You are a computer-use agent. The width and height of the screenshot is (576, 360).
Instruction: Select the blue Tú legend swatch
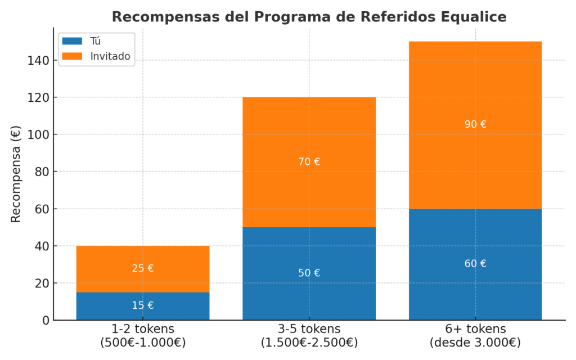72,41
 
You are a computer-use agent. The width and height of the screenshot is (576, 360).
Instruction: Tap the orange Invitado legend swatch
72,56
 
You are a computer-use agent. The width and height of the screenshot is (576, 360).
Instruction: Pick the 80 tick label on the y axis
40,172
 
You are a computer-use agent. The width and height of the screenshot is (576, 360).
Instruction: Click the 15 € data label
143,305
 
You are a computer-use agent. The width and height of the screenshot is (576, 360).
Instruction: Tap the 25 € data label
143,268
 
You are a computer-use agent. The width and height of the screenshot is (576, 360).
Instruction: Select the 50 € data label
309,273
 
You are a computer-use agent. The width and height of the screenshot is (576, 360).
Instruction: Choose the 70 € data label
309,161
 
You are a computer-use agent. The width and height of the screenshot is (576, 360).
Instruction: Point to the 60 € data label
475,263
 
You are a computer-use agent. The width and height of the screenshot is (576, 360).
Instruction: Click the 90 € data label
475,124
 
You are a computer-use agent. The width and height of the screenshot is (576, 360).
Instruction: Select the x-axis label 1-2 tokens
143,328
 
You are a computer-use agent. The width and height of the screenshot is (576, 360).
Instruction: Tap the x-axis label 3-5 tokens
309,328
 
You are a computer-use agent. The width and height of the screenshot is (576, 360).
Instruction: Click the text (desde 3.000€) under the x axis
475,342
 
